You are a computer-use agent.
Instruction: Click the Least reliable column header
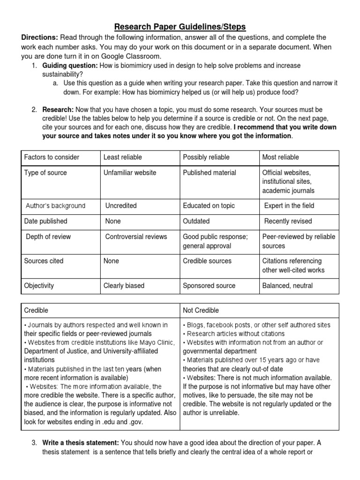(x=122, y=157)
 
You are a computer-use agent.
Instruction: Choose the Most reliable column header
(x=280, y=157)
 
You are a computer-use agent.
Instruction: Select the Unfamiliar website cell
(x=130, y=172)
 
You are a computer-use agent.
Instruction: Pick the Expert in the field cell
(x=289, y=206)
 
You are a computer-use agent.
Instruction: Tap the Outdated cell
(x=196, y=221)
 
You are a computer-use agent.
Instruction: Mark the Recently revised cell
(x=288, y=221)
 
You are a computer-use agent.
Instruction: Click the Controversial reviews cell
(x=136, y=237)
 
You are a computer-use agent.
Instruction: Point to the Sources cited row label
(x=44, y=261)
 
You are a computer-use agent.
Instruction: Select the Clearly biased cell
(x=124, y=285)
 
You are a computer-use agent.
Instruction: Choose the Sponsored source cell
(x=209, y=285)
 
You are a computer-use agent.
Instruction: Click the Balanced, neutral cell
(x=287, y=285)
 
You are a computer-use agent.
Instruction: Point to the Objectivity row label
(x=39, y=285)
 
